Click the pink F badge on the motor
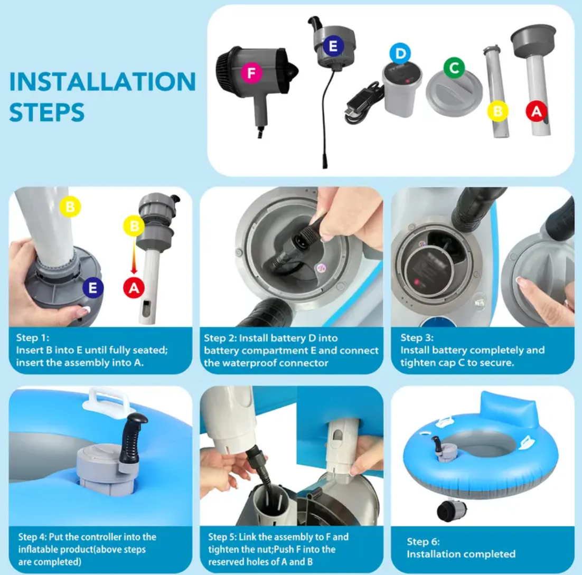pos(251,73)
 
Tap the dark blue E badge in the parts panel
pos(333,46)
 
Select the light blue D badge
pos(400,54)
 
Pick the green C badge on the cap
pos(454,68)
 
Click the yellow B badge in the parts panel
pos(497,111)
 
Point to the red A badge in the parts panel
pos(537,111)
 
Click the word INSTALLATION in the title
pos(102,81)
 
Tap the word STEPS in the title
pos(47,112)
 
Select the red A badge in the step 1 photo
pos(134,288)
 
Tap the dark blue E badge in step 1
pos(93,288)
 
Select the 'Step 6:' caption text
pos(423,542)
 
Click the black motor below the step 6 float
pos(451,511)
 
